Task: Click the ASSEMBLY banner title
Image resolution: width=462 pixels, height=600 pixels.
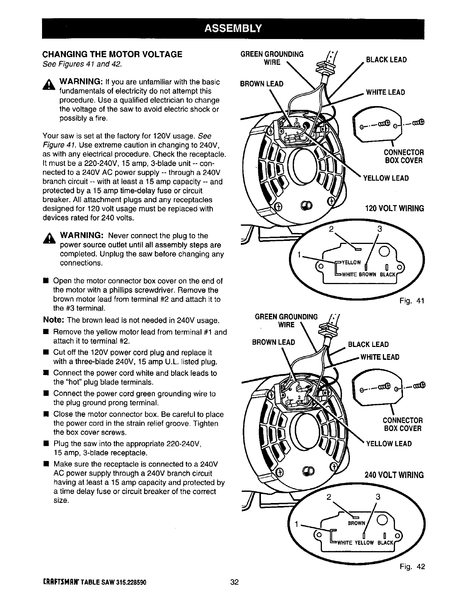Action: pos(233,28)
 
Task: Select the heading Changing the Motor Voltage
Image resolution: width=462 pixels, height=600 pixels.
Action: pos(112,54)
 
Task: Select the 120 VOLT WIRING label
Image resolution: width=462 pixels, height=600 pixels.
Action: pos(394,208)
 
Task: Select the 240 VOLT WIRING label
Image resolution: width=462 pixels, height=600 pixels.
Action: pos(394,475)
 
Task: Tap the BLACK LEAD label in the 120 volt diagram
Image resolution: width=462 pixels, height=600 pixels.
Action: pos(386,60)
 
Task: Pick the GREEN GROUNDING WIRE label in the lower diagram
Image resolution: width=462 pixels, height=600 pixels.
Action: pos(286,320)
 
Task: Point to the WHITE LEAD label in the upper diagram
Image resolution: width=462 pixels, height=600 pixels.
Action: pos(385,92)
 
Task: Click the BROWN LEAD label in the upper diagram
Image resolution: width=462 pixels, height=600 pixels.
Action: pos(262,84)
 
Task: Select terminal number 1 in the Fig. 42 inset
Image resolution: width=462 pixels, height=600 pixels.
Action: pos(298,524)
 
